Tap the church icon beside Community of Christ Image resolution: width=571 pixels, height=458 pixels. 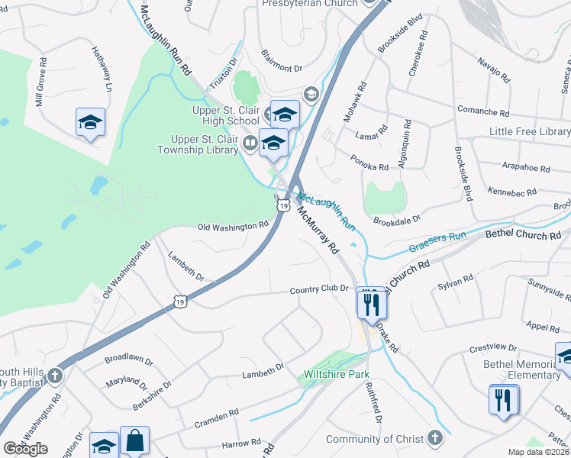pos(435,438)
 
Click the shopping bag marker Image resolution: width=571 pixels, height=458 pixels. pos(134,441)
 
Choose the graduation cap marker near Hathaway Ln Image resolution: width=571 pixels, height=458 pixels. pos(90,123)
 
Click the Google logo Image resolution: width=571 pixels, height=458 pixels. pos(25,449)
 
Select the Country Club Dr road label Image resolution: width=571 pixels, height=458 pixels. pos(319,289)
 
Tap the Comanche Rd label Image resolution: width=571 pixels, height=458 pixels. pos(482,111)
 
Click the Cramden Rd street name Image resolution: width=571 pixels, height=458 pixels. pos(218,413)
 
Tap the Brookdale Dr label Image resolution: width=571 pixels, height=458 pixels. pos(397,220)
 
